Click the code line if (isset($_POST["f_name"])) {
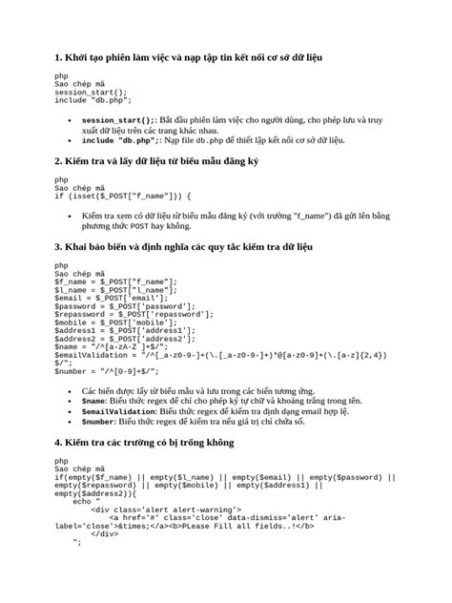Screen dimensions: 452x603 coord(123,195)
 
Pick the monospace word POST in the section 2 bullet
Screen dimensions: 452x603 coord(139,227)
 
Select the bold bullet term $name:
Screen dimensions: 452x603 coord(100,402)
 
